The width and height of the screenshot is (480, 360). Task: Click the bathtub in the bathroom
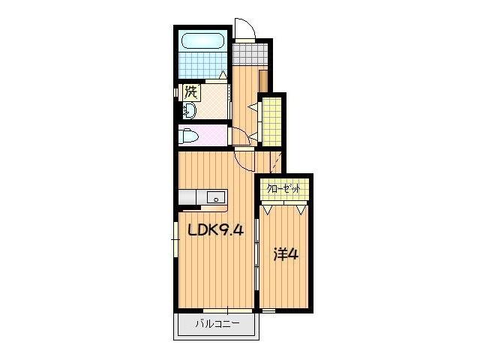(203, 41)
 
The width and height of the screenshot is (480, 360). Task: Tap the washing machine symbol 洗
(191, 92)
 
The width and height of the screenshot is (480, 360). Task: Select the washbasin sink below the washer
(189, 111)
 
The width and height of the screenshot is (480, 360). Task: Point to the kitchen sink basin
(216, 196)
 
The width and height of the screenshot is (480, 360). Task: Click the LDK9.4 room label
(216, 229)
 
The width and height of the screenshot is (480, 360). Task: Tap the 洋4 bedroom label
(285, 255)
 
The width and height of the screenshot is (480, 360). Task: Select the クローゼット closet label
(283, 189)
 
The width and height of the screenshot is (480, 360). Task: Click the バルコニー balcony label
(217, 323)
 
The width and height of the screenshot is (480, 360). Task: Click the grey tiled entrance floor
(250, 54)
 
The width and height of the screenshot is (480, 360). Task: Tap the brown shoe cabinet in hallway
(263, 81)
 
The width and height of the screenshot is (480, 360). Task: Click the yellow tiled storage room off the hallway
(271, 121)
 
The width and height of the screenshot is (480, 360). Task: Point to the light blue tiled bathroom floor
(203, 65)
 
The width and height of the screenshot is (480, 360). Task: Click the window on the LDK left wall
(175, 239)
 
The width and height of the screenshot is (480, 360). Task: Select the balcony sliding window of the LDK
(227, 310)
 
